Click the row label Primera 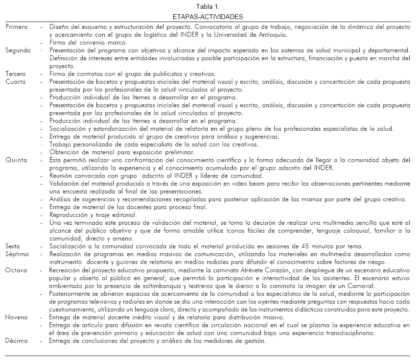click(x=17, y=27)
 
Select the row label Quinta click(x=15, y=160)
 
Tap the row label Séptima click(x=17, y=254)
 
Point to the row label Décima click(x=17, y=341)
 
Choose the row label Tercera click(x=16, y=73)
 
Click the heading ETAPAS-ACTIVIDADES click(x=208, y=17)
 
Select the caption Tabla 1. click(x=208, y=7)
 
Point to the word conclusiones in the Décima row click(x=97, y=341)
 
